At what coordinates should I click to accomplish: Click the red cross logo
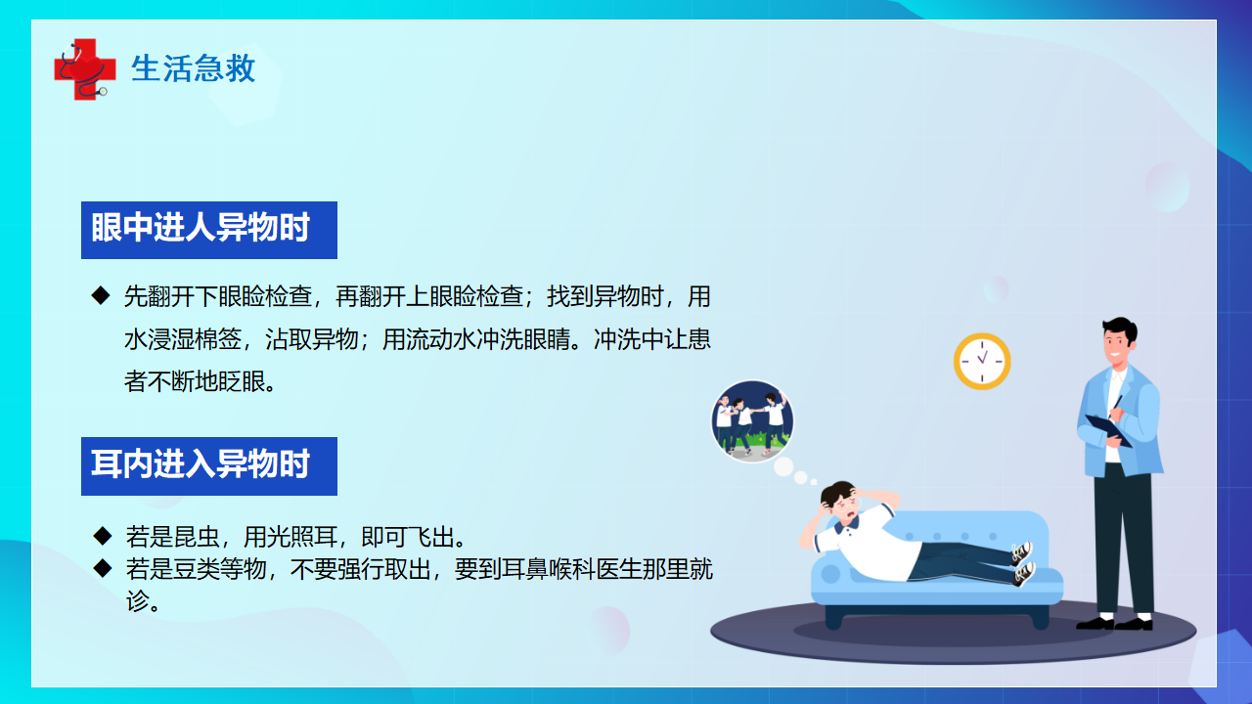[x=85, y=69]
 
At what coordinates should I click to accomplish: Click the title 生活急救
[x=194, y=68]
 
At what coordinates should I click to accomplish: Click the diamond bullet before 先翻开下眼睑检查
[x=101, y=295]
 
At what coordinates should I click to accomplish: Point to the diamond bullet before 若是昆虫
[x=103, y=536]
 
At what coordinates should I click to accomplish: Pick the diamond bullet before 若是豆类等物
[x=103, y=568]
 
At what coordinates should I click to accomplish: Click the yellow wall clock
[x=982, y=361]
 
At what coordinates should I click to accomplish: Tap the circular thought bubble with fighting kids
[x=752, y=421]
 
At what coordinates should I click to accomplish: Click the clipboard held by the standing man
[x=1108, y=430]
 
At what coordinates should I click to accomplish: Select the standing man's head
[x=1119, y=341]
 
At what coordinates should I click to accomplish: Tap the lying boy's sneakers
[x=1023, y=563]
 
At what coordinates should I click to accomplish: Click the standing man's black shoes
[x=1114, y=623]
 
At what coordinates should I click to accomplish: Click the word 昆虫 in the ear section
[x=197, y=537]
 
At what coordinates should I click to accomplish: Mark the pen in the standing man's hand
[x=1116, y=406]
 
